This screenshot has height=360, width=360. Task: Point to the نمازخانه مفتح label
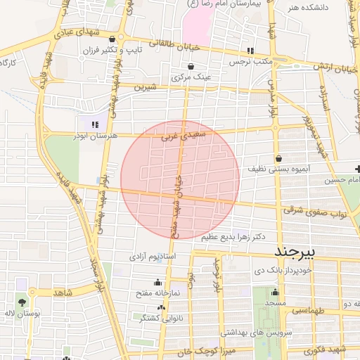click(x=157, y=292)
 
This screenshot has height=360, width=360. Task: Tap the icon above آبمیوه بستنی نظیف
click(x=280, y=158)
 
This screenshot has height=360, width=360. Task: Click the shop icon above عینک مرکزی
click(x=191, y=66)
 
